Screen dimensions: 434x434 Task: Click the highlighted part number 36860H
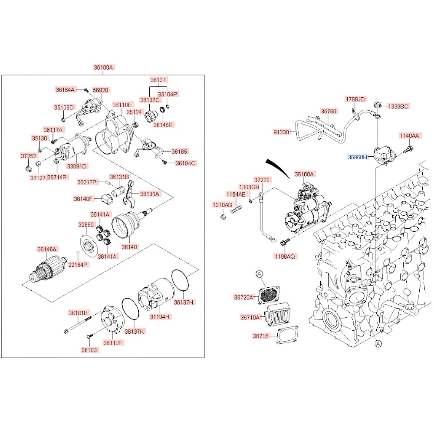coord(357,157)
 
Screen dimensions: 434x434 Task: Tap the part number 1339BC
coord(398,106)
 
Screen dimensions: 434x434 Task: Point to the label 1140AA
coord(409,136)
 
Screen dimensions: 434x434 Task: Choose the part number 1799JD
coord(355,99)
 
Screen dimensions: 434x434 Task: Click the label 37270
coord(262,179)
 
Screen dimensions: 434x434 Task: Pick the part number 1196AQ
coord(284,256)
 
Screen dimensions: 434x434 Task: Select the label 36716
coord(261,336)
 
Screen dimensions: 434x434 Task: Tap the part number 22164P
coord(77,265)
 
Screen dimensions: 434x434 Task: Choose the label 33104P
coord(168,94)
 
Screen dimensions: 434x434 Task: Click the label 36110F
coord(113,342)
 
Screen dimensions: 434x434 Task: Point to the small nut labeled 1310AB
coord(222,217)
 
